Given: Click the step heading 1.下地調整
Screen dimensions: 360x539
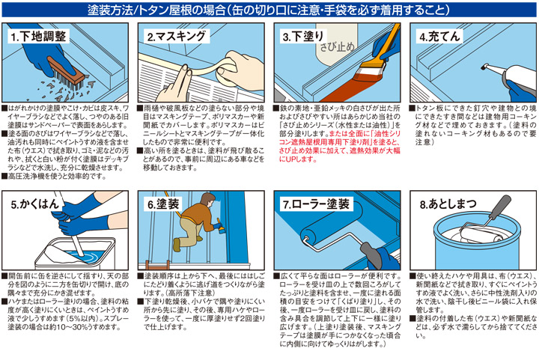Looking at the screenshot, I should pyautogui.click(x=39, y=35).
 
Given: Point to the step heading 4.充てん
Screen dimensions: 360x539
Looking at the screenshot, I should pyautogui.click(x=437, y=35).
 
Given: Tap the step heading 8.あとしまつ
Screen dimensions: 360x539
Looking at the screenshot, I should pyautogui.click(x=446, y=203).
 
